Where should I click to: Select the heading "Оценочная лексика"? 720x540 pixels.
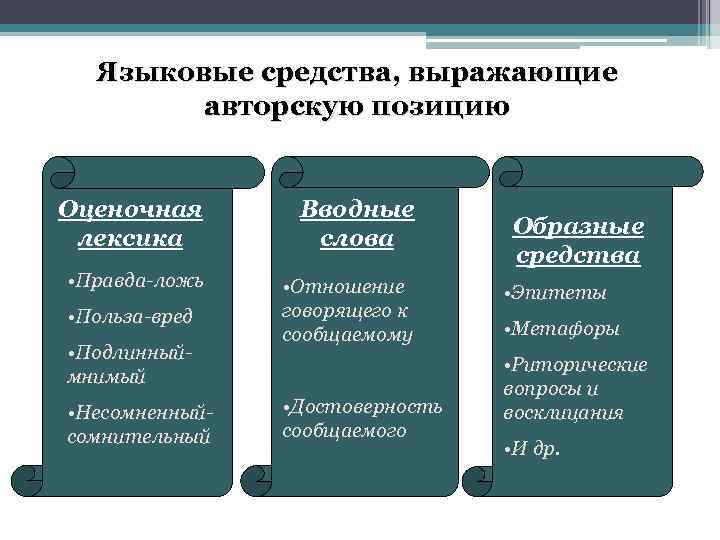[x=130, y=224]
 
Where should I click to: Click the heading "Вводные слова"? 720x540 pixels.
[x=358, y=224]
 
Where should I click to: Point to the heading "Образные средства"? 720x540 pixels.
[x=578, y=241]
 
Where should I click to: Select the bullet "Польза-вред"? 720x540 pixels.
[x=129, y=318]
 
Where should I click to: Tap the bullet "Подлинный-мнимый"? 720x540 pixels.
[x=126, y=365]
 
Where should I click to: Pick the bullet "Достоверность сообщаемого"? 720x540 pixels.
[x=362, y=417]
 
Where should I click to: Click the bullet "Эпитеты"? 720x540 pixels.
[x=556, y=293]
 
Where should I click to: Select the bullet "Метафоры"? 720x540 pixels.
[x=562, y=329]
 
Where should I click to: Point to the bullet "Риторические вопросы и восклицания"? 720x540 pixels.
[x=575, y=388]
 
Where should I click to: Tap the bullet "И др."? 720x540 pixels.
[x=533, y=448]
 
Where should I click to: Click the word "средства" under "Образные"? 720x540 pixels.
[x=578, y=256]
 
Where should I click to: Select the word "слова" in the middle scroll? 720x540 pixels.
[x=358, y=239]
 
